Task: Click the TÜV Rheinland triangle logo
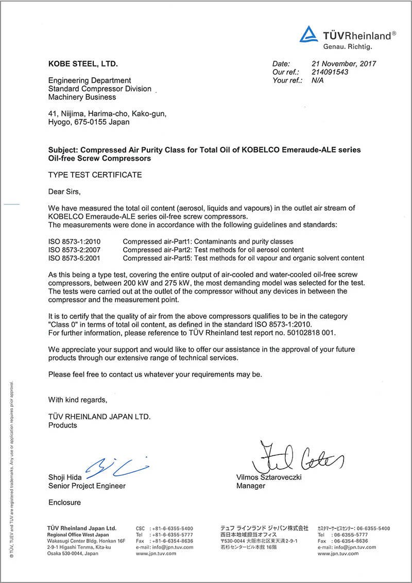pos(310,35)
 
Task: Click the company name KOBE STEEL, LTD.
pos(83,64)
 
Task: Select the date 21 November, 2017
pos(344,64)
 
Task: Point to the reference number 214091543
pos(330,72)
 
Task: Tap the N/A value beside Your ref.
pos(318,80)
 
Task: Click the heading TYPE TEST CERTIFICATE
pos(95,175)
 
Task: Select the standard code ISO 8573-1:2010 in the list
pos(74,242)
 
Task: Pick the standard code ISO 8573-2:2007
pos(74,250)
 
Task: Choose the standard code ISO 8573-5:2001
pos(74,258)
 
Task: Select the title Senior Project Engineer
pos(87,486)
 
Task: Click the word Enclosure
pos(64,502)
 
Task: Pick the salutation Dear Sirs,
pos(64,192)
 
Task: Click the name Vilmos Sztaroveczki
pos(269,477)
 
